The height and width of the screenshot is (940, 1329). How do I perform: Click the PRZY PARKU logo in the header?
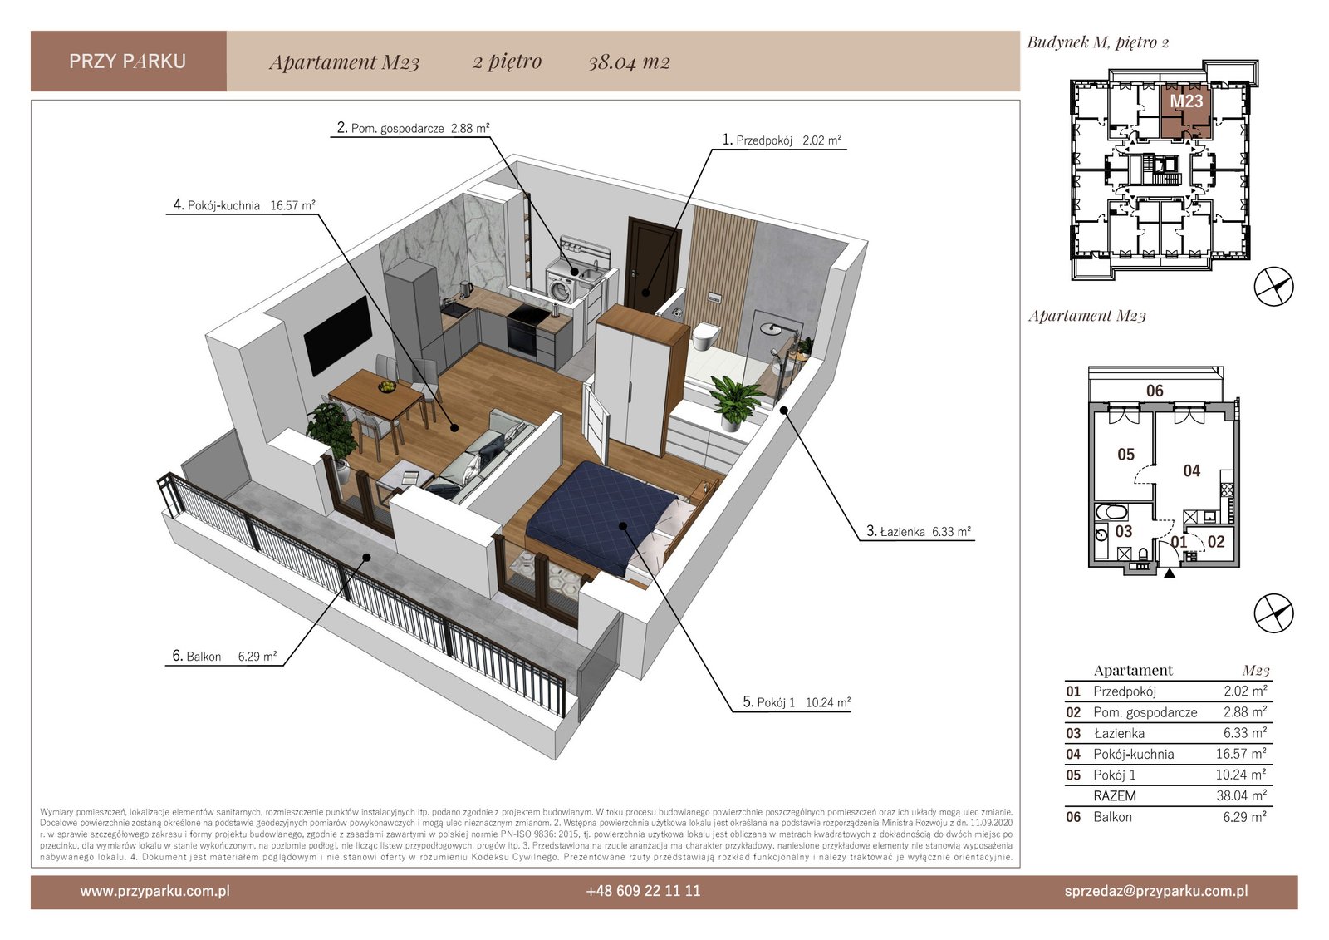[128, 62]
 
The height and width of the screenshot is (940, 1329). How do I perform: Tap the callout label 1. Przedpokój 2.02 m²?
[782, 140]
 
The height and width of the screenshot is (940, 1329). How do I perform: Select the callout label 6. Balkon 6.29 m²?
[224, 656]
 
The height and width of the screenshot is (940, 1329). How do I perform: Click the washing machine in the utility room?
[562, 286]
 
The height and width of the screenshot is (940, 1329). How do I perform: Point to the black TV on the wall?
[337, 336]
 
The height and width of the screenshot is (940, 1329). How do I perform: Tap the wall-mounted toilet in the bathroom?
[706, 336]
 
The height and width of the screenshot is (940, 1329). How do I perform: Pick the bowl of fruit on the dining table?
[387, 386]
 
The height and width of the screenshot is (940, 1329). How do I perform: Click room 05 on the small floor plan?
[1125, 455]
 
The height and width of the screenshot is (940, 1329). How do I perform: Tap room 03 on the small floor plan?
[1124, 531]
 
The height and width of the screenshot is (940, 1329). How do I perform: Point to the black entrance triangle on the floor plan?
[1169, 573]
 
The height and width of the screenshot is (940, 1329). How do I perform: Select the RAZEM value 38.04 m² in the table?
[1241, 795]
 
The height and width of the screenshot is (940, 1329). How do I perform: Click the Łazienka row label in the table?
[1119, 733]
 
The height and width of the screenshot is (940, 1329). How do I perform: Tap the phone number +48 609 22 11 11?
[643, 891]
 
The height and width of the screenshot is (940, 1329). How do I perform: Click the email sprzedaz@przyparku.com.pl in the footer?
[1156, 891]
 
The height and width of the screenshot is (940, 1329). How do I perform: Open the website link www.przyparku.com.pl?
[154, 891]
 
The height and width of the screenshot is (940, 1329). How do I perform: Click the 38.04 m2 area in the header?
[629, 62]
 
